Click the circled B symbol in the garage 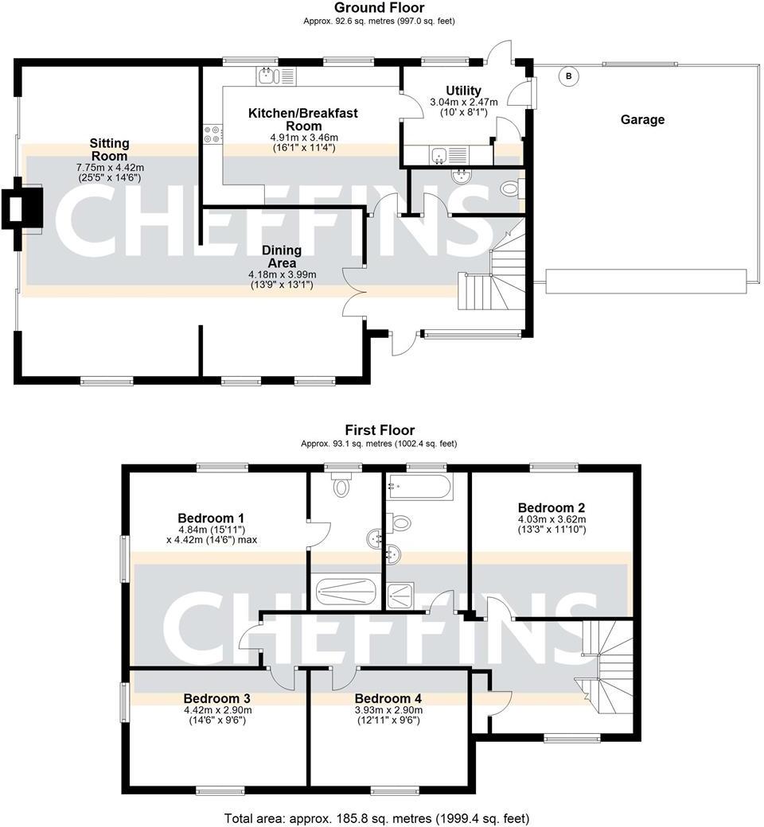[568, 76]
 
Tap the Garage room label [642, 120]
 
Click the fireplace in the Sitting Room [21, 207]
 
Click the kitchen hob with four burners [213, 134]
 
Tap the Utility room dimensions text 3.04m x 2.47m [463, 103]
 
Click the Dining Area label [282, 256]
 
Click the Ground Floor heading [379, 8]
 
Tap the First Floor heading [379, 430]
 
